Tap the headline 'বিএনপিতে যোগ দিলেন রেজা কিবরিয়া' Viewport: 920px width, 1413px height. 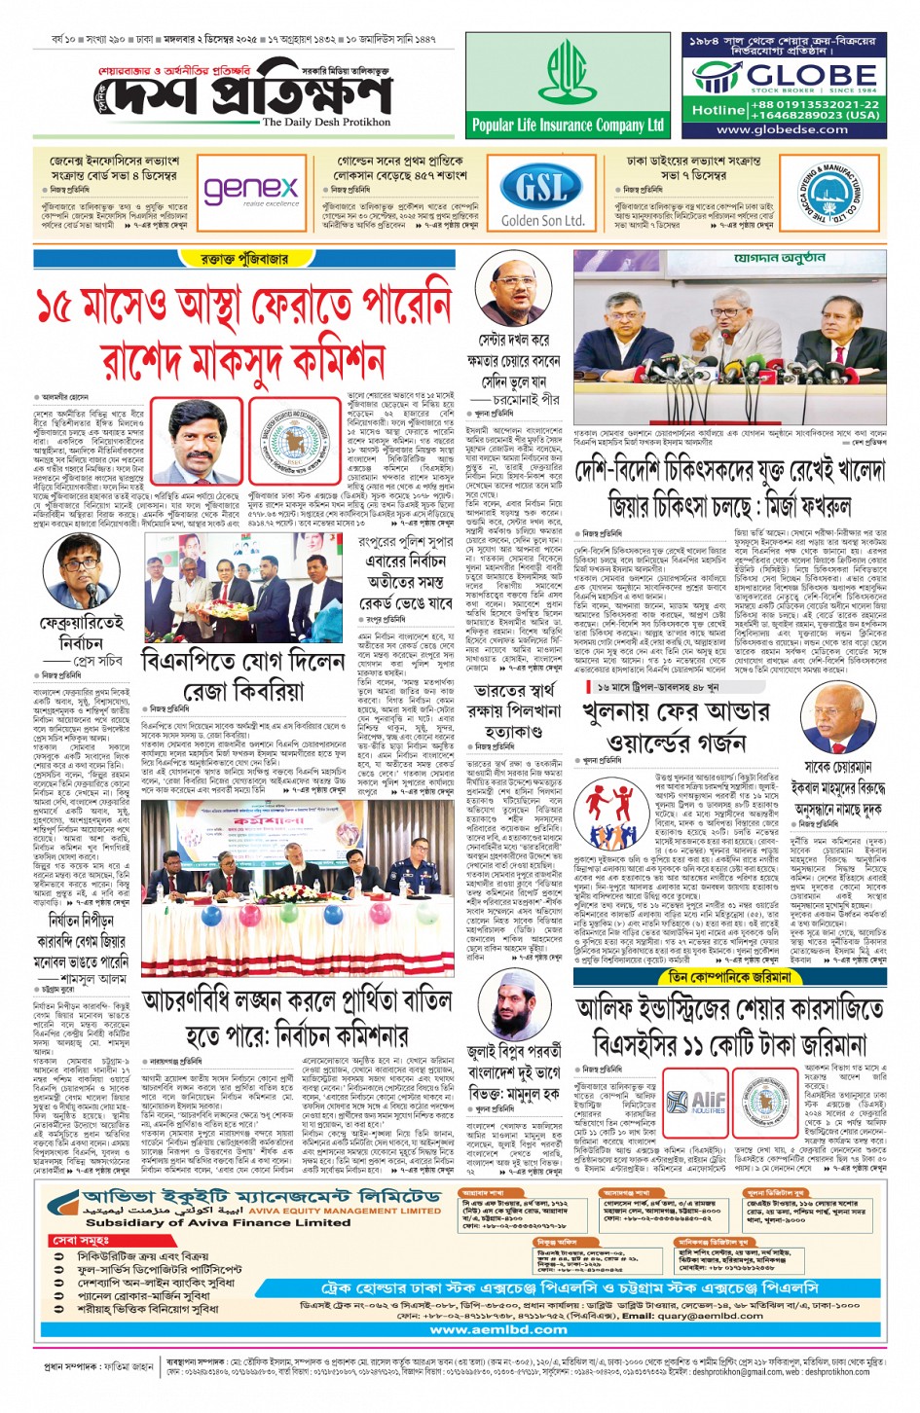(243, 675)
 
